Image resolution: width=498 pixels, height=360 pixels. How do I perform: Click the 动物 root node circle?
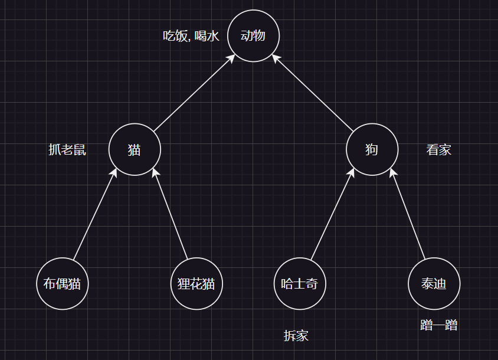[x=253, y=36]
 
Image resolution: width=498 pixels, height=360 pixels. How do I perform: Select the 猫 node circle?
[x=135, y=149]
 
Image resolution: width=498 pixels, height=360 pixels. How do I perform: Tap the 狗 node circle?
[x=371, y=149]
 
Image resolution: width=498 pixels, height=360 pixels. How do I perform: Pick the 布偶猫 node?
[x=62, y=284]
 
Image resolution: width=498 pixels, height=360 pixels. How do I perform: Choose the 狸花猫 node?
[x=196, y=284]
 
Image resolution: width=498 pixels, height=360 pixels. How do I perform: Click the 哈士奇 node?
[x=300, y=284]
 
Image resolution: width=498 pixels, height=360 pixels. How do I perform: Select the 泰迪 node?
[x=434, y=284]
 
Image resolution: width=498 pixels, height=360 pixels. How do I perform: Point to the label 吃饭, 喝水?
[x=191, y=36]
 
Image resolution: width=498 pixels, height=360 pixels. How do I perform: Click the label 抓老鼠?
[x=67, y=150]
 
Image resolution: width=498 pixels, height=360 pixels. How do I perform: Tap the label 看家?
[x=438, y=150]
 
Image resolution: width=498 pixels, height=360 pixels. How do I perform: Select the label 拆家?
[x=296, y=336]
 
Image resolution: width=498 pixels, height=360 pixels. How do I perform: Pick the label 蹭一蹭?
[x=439, y=325]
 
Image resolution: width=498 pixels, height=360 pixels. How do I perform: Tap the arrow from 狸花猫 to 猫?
[x=170, y=215]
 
